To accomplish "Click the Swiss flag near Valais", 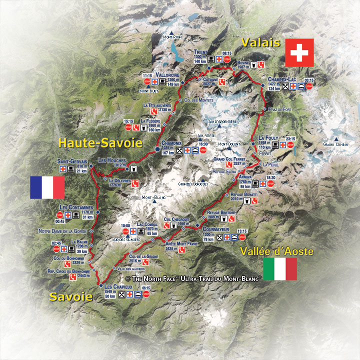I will click(x=299, y=52).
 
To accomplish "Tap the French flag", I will click(x=47, y=187).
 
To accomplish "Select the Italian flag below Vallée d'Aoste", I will click(x=279, y=269).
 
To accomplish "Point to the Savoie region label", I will click(x=70, y=296).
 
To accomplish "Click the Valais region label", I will click(x=260, y=42).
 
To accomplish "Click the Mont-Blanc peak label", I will click(x=153, y=197).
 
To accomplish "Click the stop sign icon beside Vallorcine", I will click(x=147, y=81).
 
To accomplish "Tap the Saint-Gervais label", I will click(x=72, y=161).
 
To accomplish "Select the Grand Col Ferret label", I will click(x=229, y=158).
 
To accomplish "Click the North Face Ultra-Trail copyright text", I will click(x=193, y=278).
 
